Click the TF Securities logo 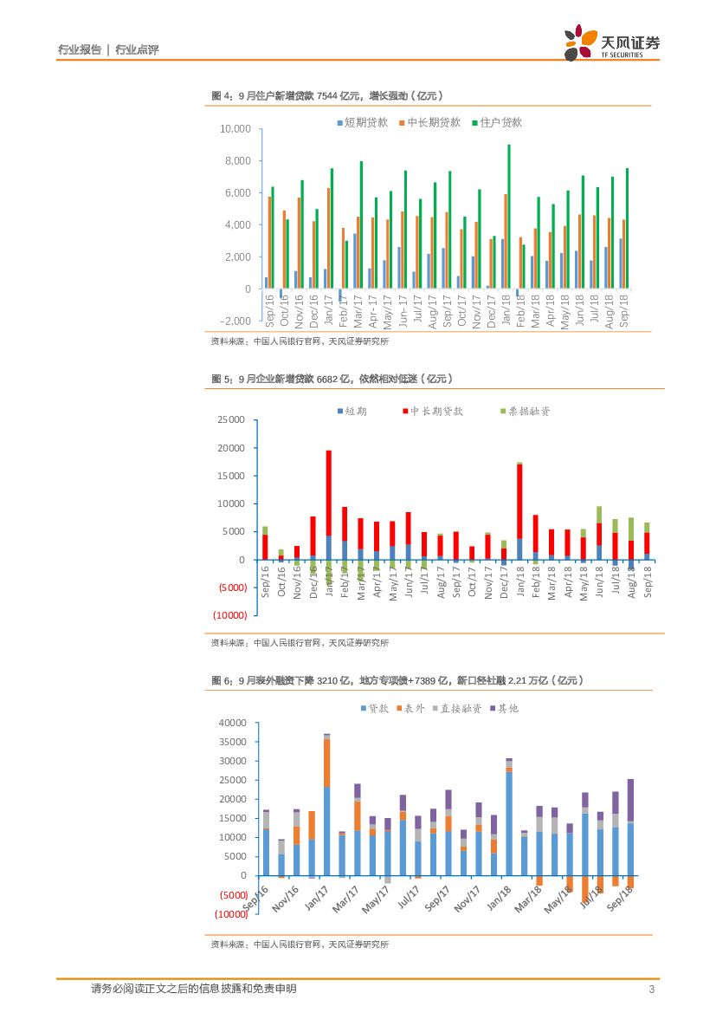click(x=611, y=42)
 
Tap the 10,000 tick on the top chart click(x=235, y=129)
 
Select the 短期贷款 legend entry click(x=363, y=123)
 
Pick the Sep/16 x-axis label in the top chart click(x=269, y=308)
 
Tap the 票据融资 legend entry click(x=525, y=411)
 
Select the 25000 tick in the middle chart click(x=231, y=420)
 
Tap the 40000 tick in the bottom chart click(x=231, y=723)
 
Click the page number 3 click(x=650, y=990)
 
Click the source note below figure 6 click(x=300, y=944)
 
